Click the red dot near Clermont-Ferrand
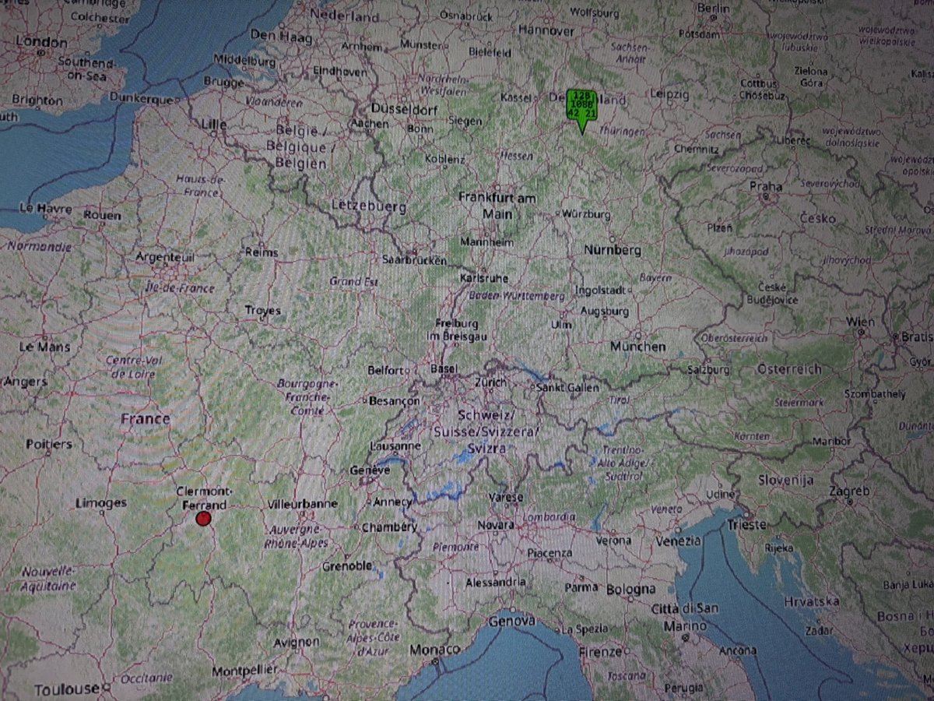(203, 519)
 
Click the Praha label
(765, 187)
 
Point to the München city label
(638, 347)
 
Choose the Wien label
(861, 322)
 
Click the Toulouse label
(67, 689)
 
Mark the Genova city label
(512, 621)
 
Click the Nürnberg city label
(613, 250)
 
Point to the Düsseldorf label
(402, 108)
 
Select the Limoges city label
(101, 503)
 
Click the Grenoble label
(346, 566)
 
